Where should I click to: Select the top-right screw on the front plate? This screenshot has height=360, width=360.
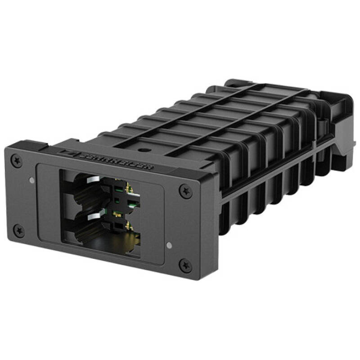[185, 191]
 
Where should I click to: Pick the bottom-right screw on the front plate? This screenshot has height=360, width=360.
[184, 265]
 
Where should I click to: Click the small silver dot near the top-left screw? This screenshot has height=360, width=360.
[31, 180]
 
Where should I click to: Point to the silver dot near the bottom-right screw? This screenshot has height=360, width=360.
[169, 245]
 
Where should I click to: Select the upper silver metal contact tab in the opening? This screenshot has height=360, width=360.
[92, 180]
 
